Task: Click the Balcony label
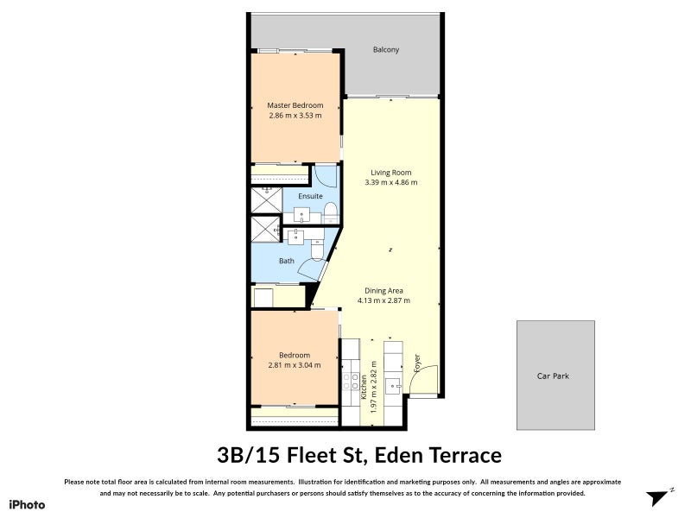(x=386, y=49)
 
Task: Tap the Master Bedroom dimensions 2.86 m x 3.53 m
(x=295, y=115)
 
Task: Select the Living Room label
(x=391, y=172)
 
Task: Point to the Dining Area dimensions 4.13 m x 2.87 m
(x=384, y=300)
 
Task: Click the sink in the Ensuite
(x=302, y=213)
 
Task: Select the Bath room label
(x=287, y=261)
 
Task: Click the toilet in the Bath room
(x=316, y=248)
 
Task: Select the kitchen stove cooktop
(x=351, y=377)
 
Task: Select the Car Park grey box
(x=555, y=376)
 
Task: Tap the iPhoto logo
(x=27, y=504)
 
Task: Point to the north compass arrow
(x=660, y=496)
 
